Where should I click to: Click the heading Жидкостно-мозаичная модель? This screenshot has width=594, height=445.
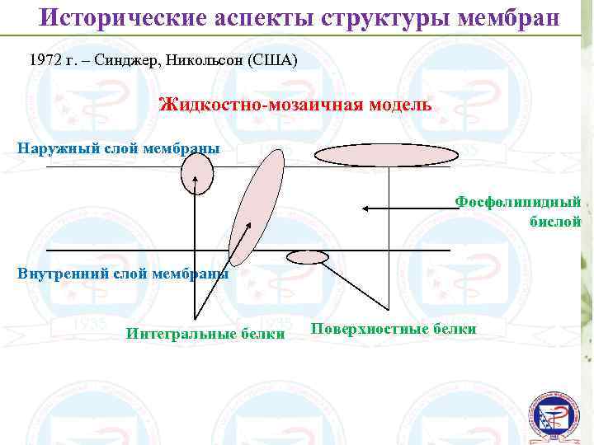pyautogui.click(x=294, y=105)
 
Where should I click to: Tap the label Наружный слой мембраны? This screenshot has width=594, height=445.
pyautogui.click(x=118, y=148)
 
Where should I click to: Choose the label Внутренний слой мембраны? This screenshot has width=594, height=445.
pyautogui.click(x=123, y=274)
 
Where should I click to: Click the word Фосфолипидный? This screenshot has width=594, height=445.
pyautogui.click(x=518, y=202)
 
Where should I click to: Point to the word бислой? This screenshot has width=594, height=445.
pyautogui.click(x=555, y=221)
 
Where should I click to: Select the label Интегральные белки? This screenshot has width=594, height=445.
pyautogui.click(x=205, y=334)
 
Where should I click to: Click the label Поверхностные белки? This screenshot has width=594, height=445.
pyautogui.click(x=394, y=329)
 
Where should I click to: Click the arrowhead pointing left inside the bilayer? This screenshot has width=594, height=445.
pyautogui.click(x=365, y=208)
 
